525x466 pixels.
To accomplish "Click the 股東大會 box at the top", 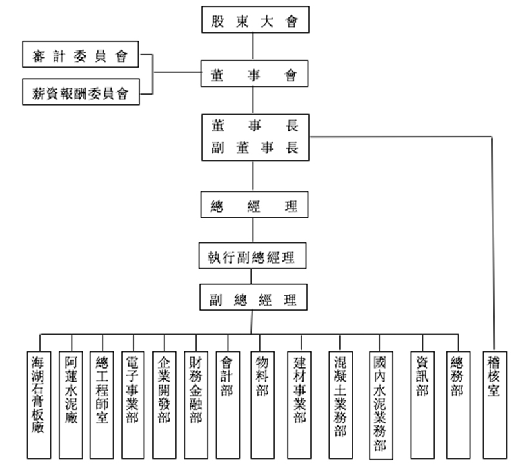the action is [x=255, y=19].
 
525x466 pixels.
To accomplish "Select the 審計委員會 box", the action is [x=81, y=54].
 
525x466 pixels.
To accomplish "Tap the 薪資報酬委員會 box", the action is [x=81, y=92].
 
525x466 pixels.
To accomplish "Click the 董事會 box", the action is [x=255, y=73].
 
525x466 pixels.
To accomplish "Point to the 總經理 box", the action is [x=255, y=205].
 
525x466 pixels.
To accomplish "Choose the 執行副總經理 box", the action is [x=252, y=256].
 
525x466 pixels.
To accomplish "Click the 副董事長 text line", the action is [x=255, y=148].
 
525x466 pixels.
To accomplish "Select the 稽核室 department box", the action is [x=495, y=405].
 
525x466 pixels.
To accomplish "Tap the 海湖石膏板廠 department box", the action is [x=39, y=405].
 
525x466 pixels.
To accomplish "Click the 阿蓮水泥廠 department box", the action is [x=71, y=405].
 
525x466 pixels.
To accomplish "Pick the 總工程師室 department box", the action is [x=102, y=405].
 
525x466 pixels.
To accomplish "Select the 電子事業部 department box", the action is [x=133, y=405].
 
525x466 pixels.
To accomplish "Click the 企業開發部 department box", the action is [x=164, y=405].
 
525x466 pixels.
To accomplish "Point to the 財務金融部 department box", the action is [x=196, y=405].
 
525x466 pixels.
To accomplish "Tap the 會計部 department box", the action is [x=228, y=405].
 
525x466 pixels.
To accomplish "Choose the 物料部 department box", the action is [x=262, y=405].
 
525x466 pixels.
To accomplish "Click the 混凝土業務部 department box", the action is [x=341, y=405].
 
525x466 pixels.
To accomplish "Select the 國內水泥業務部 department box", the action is [x=381, y=405].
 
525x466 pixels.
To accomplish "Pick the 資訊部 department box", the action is [x=422, y=405].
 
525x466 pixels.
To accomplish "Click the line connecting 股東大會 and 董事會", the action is [x=253, y=46].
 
